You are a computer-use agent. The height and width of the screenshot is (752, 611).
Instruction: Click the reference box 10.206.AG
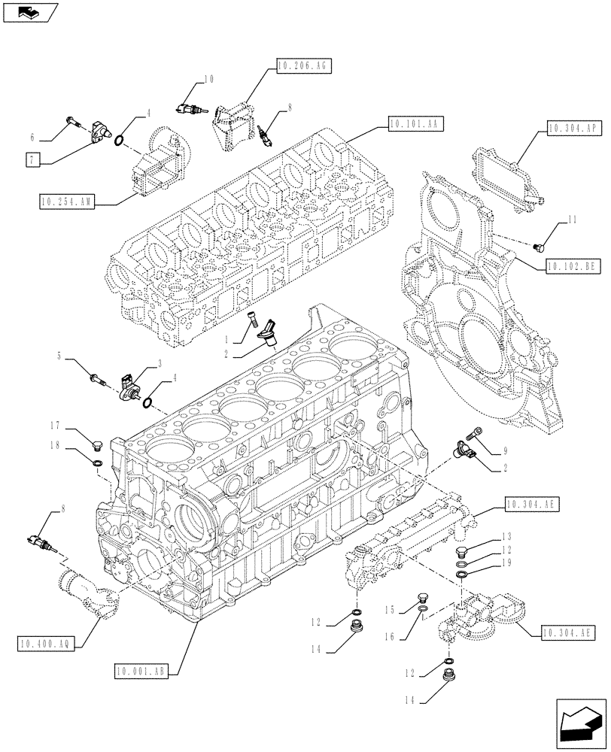302,67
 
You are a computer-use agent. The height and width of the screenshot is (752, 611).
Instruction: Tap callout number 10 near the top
208,78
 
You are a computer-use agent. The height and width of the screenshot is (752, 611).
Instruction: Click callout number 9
506,453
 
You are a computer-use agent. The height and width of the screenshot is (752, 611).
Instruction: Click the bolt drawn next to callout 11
539,245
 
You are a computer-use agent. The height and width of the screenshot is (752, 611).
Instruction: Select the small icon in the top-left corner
29,11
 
